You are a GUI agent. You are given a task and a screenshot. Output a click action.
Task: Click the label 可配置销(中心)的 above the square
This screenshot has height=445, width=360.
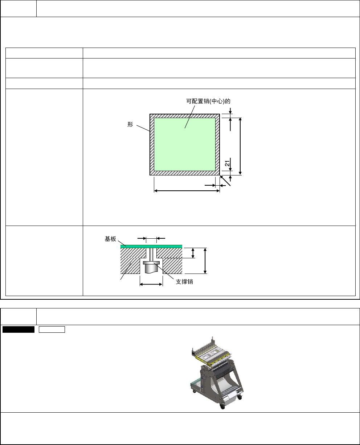[x=208, y=101]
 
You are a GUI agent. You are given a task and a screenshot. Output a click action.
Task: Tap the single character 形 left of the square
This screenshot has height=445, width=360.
[x=130, y=124]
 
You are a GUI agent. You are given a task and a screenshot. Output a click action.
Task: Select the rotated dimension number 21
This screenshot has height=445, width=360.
[x=227, y=163]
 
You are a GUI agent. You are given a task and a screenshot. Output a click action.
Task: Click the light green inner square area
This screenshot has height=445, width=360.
[x=185, y=144]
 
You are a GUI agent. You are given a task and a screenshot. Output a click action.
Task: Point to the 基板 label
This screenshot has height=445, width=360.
[x=110, y=239]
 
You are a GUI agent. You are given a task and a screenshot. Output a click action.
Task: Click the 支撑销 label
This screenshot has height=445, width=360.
[x=184, y=282]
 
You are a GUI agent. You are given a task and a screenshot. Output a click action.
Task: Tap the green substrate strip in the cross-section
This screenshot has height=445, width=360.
[x=151, y=246]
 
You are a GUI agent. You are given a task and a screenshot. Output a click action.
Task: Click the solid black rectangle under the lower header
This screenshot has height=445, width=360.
[x=19, y=329]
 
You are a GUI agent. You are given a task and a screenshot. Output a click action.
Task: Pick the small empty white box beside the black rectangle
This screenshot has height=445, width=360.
[x=52, y=329]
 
